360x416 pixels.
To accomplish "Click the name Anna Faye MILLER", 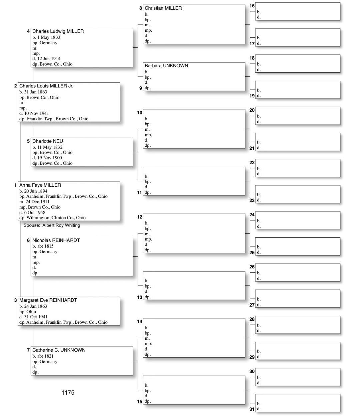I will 40,185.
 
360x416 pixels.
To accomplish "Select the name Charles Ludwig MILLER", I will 58,31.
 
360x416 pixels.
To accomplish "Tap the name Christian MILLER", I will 163,8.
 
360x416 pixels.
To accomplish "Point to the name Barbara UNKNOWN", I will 166,66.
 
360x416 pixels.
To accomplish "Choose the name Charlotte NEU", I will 47,141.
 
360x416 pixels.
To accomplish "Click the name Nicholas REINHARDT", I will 56,240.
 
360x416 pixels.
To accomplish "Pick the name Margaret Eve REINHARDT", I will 48,300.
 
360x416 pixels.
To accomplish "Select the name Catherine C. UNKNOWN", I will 59,350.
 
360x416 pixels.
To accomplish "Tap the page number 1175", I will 68,393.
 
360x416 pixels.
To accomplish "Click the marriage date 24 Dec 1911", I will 37,202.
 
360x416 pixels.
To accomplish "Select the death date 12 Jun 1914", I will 49,59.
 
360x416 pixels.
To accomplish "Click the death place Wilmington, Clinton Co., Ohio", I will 55,218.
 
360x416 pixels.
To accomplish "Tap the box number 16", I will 252,6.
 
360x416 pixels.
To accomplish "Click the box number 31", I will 252,409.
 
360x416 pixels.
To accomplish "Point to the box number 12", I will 140,217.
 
